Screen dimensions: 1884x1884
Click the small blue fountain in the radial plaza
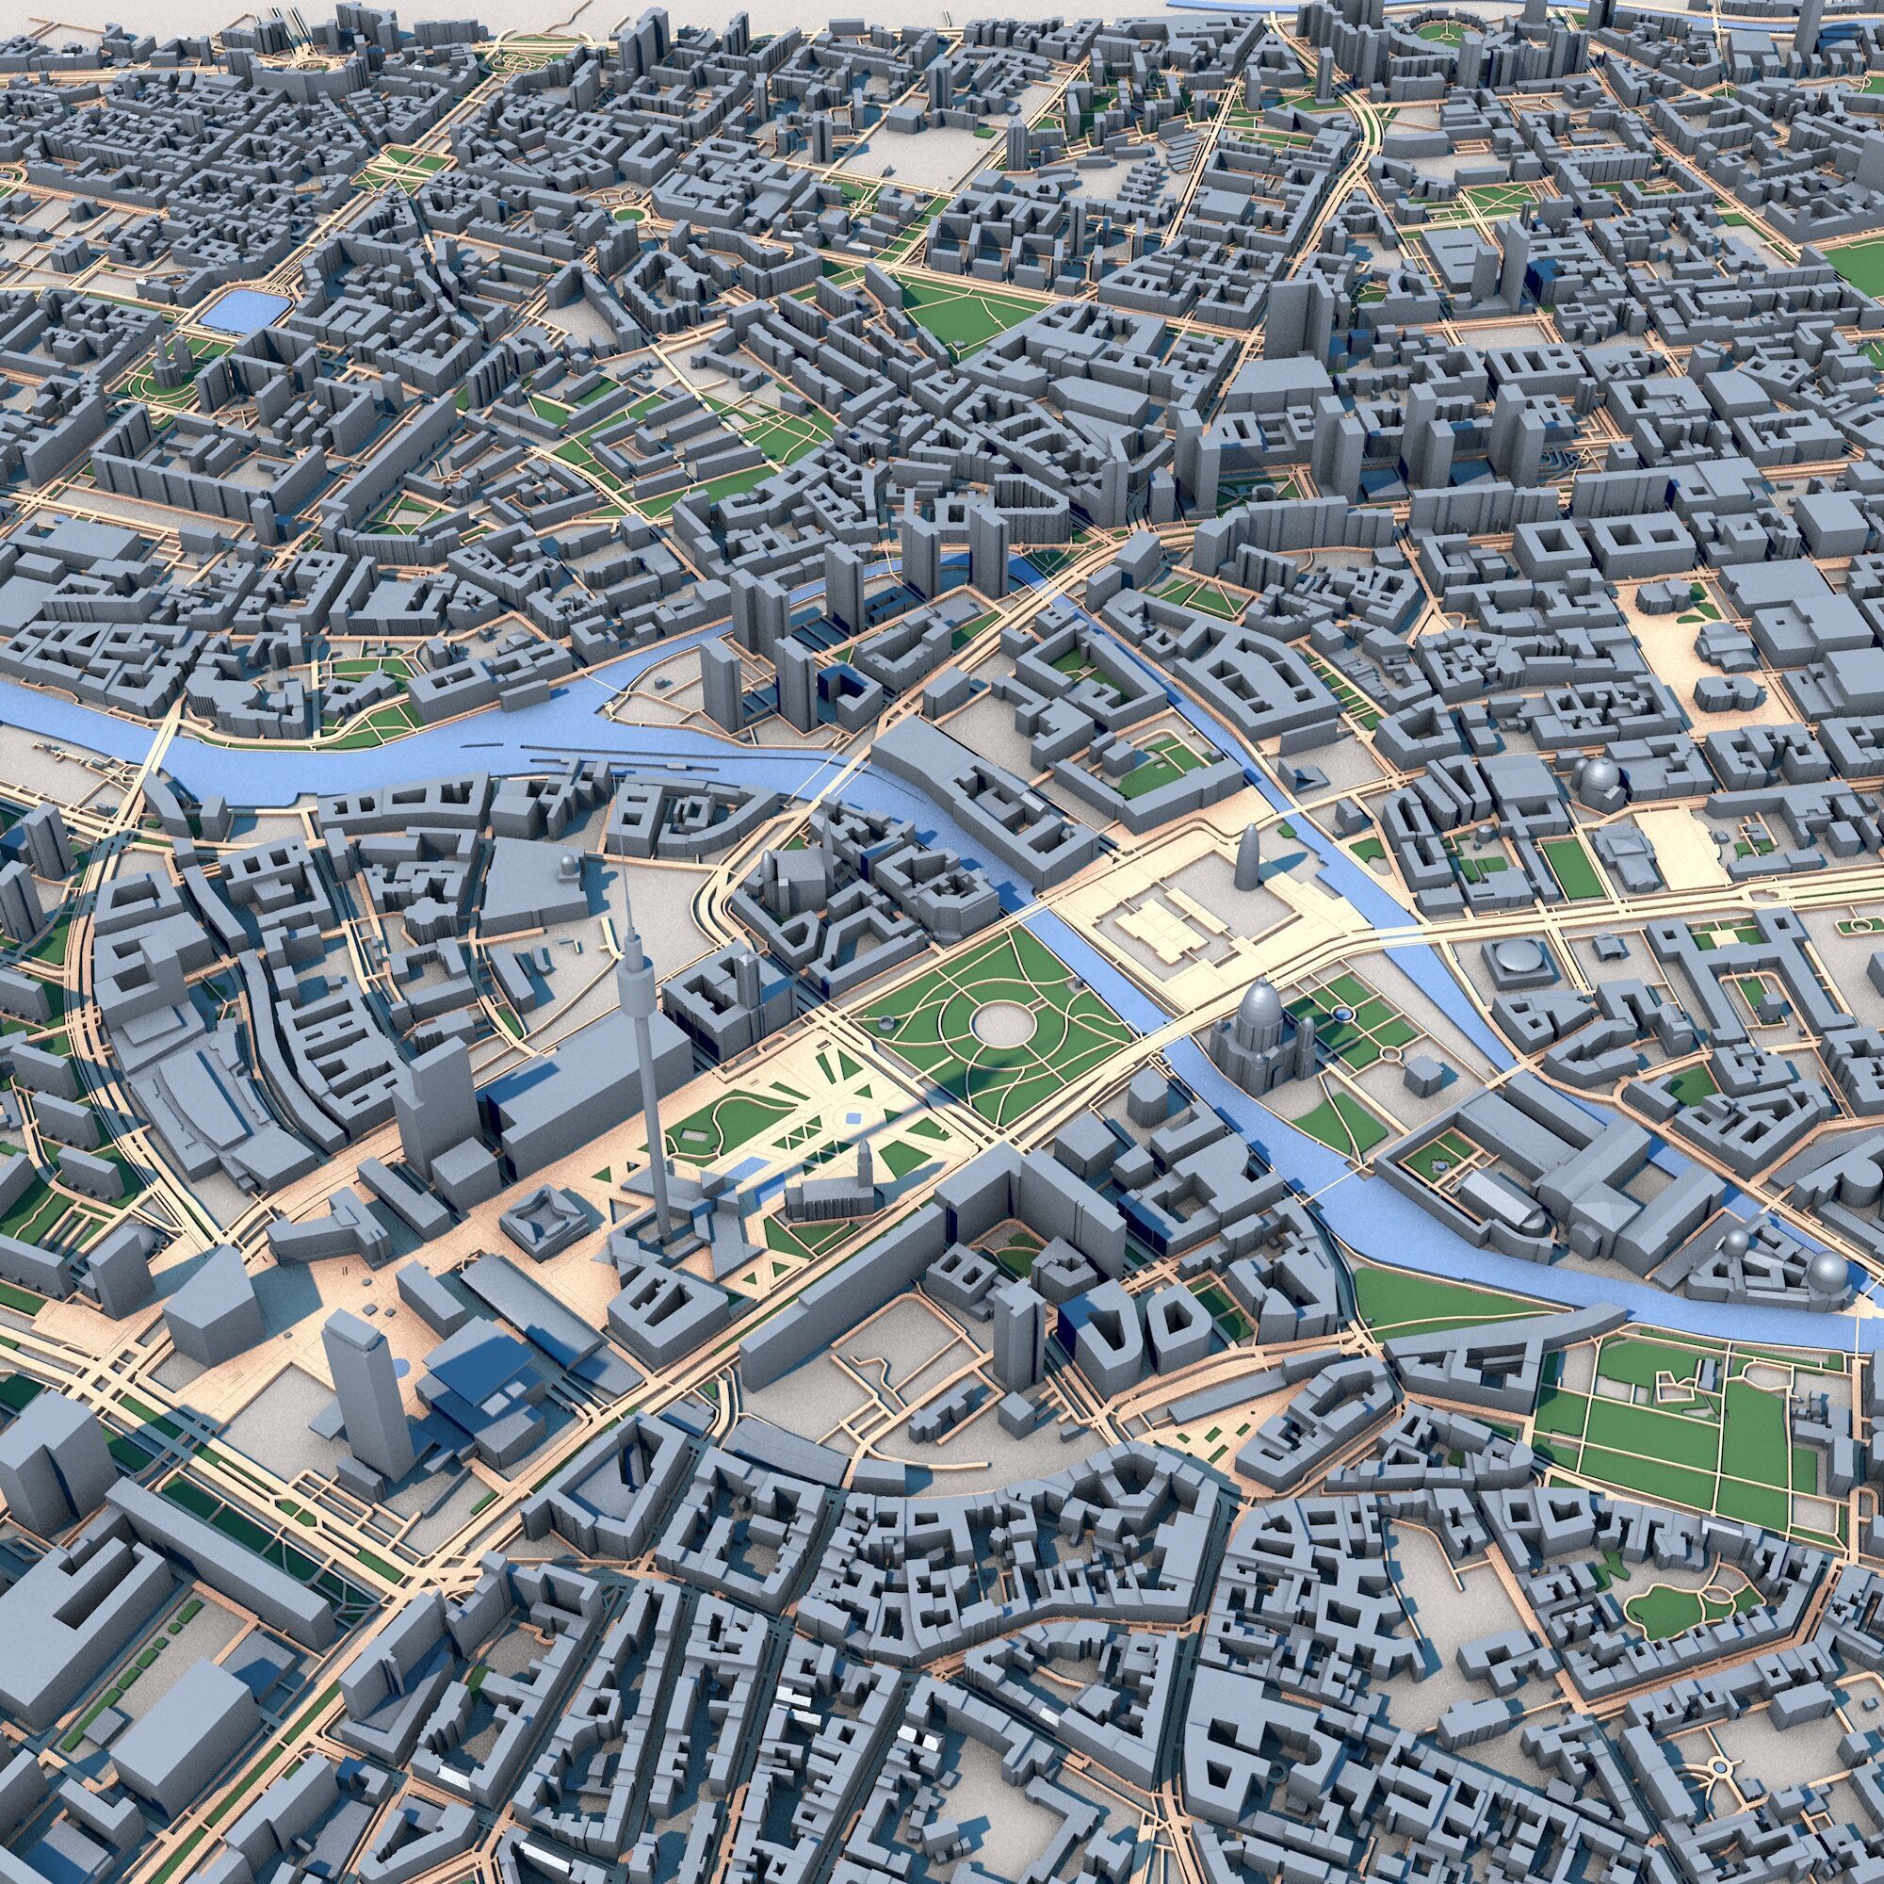tap(853, 1118)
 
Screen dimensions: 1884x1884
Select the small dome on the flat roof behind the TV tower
tap(570, 864)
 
